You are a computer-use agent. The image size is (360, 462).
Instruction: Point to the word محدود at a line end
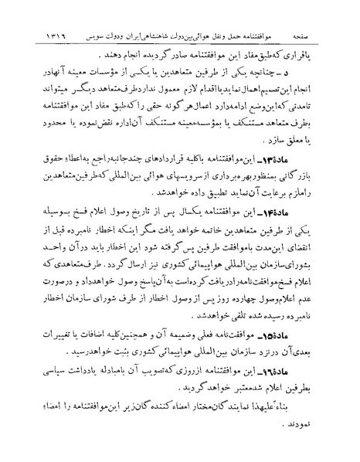click(x=35, y=128)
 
